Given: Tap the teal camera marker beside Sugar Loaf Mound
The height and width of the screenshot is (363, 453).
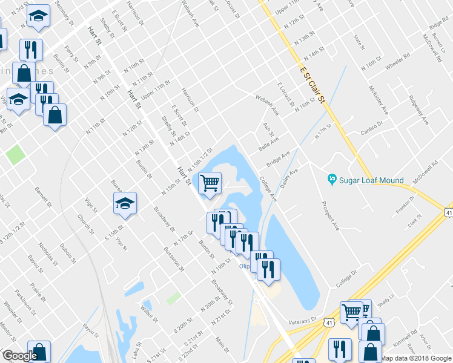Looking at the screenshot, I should point(331,179).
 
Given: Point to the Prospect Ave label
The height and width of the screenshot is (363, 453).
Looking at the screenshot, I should point(331,215).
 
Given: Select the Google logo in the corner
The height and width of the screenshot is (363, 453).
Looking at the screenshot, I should point(19,356).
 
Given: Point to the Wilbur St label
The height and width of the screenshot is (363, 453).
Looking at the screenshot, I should point(150,310).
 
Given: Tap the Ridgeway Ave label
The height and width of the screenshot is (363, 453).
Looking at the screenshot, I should point(418,110).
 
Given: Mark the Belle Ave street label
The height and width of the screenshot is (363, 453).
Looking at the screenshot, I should point(268,144).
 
